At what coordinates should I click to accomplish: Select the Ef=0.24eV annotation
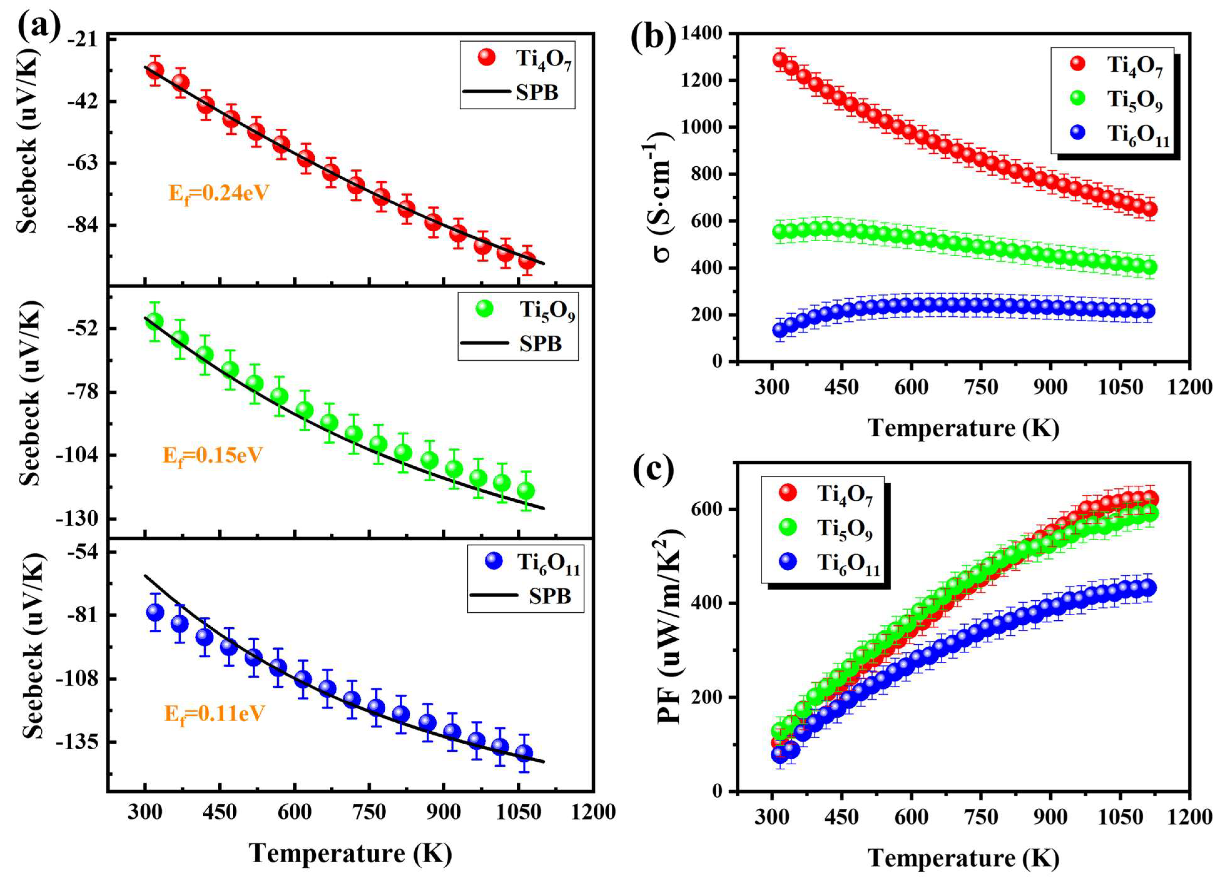tap(219, 193)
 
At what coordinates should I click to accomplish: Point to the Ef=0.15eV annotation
tap(212, 456)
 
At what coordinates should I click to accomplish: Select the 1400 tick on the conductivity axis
tap(702, 33)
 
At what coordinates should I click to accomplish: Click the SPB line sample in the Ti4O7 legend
tap(487, 92)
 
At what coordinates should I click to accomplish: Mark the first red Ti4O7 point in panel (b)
tap(780, 60)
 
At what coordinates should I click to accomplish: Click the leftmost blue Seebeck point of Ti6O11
tap(155, 612)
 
